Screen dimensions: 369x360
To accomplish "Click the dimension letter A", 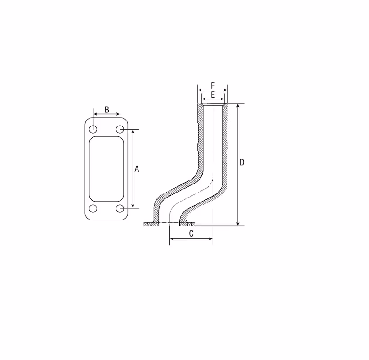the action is (137, 169).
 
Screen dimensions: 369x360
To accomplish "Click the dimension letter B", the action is (107, 109).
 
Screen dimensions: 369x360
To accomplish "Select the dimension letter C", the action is (191, 234).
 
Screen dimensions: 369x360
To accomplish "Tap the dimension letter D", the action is (242, 162).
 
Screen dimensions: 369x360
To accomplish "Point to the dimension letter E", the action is (213, 94).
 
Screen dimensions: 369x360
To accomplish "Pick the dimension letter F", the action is (213, 85).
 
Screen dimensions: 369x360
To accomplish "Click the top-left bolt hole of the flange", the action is (93, 129).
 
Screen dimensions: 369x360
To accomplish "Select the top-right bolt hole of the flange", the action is (120, 129).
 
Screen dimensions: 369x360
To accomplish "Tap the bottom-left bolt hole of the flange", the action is (93, 208).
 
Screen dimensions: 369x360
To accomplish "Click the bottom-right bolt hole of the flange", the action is (120, 208).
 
